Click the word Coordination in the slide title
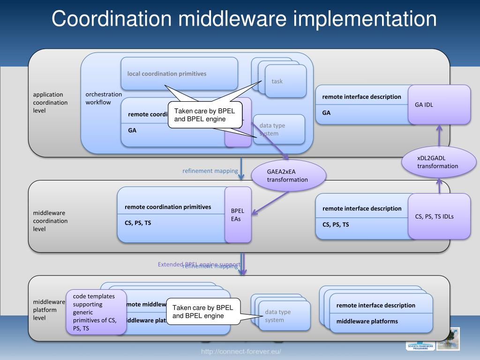pyautogui.click(x=112, y=19)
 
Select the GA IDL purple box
pyautogui.click(x=439, y=105)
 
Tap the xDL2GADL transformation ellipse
pyautogui.click(x=438, y=162)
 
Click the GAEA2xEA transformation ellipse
pyautogui.click(x=288, y=176)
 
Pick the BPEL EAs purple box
pyautogui.click(x=238, y=215)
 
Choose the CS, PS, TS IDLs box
pyautogui.click(x=439, y=216)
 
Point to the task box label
pyautogui.click(x=277, y=82)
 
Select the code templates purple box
pyautogui.click(x=96, y=312)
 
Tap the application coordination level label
pyautogui.click(x=50, y=102)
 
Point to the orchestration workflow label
pyautogui.click(x=103, y=98)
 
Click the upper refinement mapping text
pyautogui.click(x=210, y=171)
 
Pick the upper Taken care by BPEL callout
pyautogui.click(x=205, y=115)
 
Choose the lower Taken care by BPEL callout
pyautogui.click(x=203, y=311)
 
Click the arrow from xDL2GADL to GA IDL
pyautogui.click(x=439, y=135)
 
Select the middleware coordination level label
pyautogui.click(x=50, y=221)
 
